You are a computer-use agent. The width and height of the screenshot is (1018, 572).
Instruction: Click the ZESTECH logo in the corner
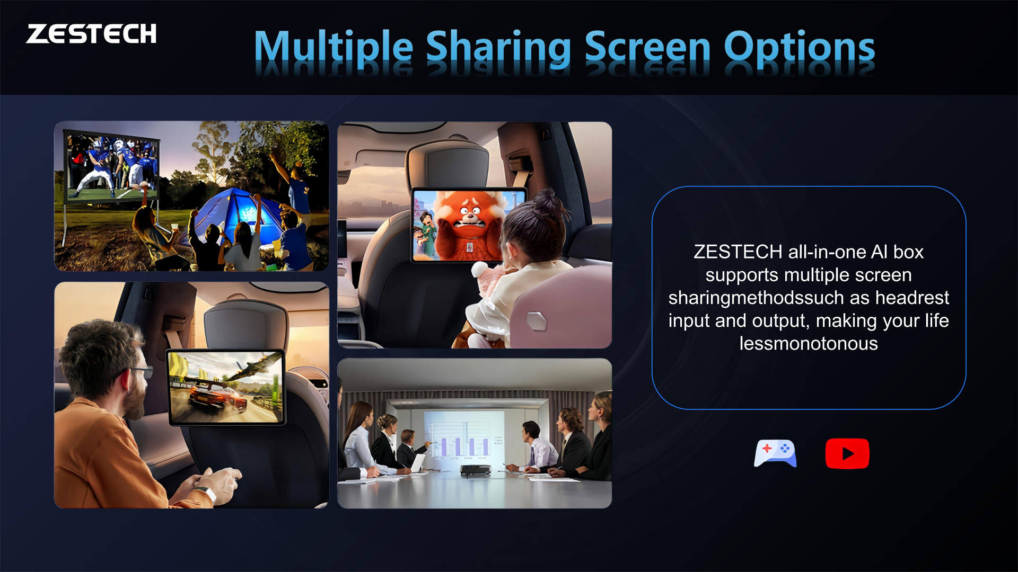click(x=91, y=34)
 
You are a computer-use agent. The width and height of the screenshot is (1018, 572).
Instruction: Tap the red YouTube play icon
click(x=847, y=453)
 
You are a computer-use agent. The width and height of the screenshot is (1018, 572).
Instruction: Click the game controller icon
click(x=775, y=453)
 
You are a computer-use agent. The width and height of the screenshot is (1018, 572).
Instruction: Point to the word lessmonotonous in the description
click(x=809, y=344)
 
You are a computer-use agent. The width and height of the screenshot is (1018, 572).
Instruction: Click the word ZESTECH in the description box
click(x=738, y=252)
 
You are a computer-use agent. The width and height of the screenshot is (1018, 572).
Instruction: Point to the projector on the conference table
click(x=475, y=469)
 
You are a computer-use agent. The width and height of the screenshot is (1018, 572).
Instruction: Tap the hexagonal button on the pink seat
click(x=536, y=320)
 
